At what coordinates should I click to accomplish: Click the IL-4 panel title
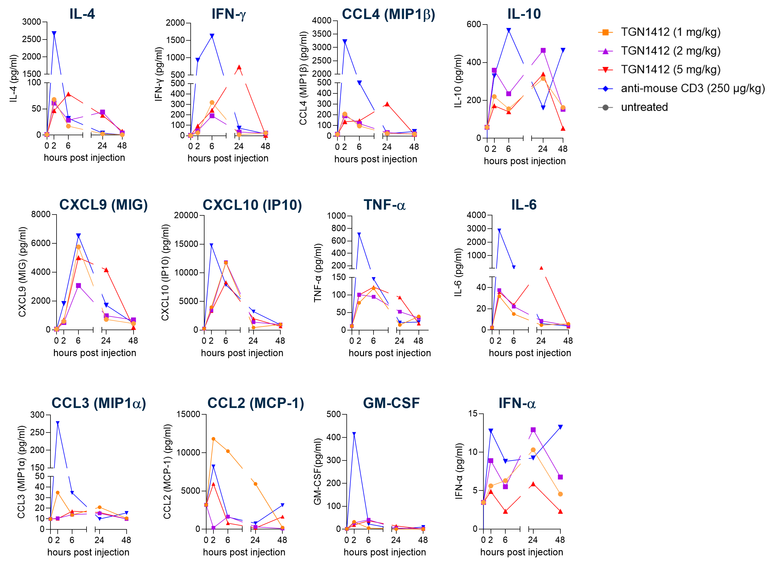pos(82,14)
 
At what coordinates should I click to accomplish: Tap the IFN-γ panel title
pos(228,14)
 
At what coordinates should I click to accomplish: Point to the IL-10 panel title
pos(524,14)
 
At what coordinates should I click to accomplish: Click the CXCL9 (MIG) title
pos(104,205)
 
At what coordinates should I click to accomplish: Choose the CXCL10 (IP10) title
pos(252,205)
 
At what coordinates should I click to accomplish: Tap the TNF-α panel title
pos(384,205)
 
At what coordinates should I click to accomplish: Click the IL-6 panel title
pos(524,205)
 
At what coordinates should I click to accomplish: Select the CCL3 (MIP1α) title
pos(99,403)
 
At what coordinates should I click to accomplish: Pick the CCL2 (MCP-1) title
pos(256,403)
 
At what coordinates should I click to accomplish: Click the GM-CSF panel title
pos(391,403)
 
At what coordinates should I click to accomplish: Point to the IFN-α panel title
pos(517,403)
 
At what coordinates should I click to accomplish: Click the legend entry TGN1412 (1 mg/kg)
pos(670,32)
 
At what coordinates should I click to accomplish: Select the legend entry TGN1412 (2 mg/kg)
pos(670,51)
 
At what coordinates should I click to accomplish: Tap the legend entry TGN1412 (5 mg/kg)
pos(670,69)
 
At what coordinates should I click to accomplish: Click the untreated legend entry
pos(644,107)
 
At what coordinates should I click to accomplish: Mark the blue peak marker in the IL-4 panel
pos(54,33)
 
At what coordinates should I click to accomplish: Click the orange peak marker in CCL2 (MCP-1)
pos(213,439)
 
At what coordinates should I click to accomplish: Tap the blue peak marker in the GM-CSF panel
pos(354,434)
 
